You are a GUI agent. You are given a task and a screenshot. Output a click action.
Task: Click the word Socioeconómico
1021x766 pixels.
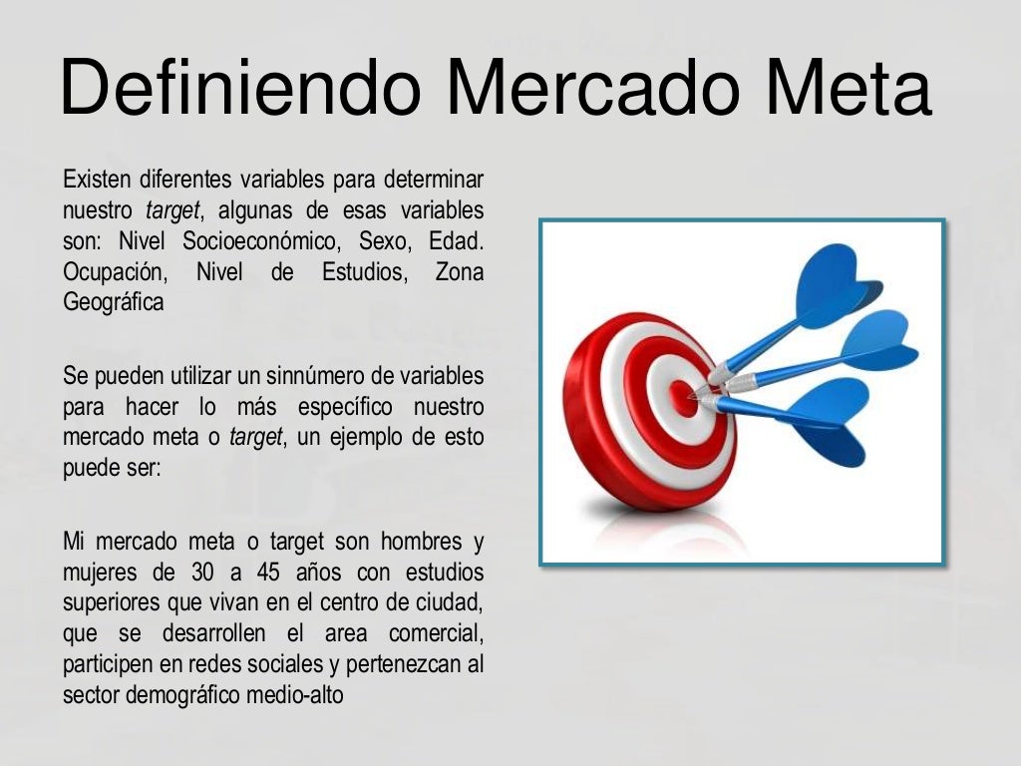280,241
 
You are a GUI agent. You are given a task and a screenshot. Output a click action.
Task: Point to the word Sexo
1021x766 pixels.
384,241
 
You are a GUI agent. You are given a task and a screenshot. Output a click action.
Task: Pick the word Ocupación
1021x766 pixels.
114,272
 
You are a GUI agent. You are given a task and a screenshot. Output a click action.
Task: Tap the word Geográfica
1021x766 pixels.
113,302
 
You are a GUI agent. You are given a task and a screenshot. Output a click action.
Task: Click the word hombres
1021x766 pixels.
422,542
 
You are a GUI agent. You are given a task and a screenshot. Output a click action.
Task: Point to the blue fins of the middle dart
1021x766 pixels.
877,344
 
